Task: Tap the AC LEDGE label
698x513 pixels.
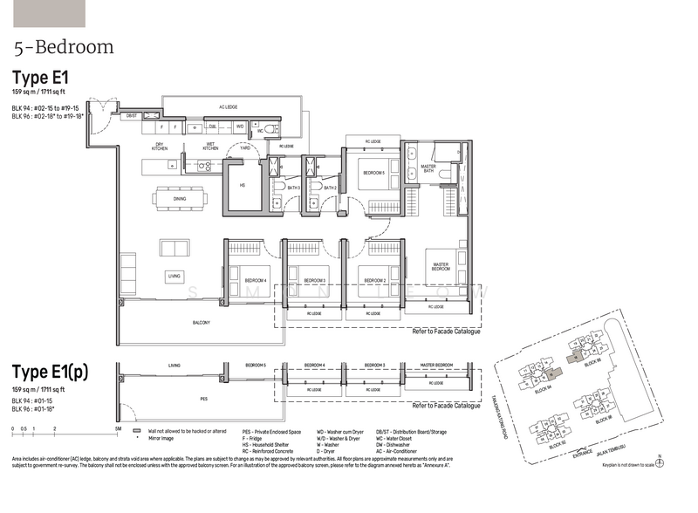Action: point(229,107)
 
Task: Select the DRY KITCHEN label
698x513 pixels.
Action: point(160,146)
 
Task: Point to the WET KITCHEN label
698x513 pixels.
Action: point(210,146)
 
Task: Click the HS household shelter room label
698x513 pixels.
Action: point(242,185)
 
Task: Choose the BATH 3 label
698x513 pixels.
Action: point(293,188)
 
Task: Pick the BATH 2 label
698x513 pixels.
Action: point(330,188)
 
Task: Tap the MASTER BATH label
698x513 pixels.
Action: point(428,168)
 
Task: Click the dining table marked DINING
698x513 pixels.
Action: point(180,199)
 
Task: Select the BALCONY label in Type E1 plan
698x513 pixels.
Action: point(202,322)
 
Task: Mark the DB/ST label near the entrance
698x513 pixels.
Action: point(132,115)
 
